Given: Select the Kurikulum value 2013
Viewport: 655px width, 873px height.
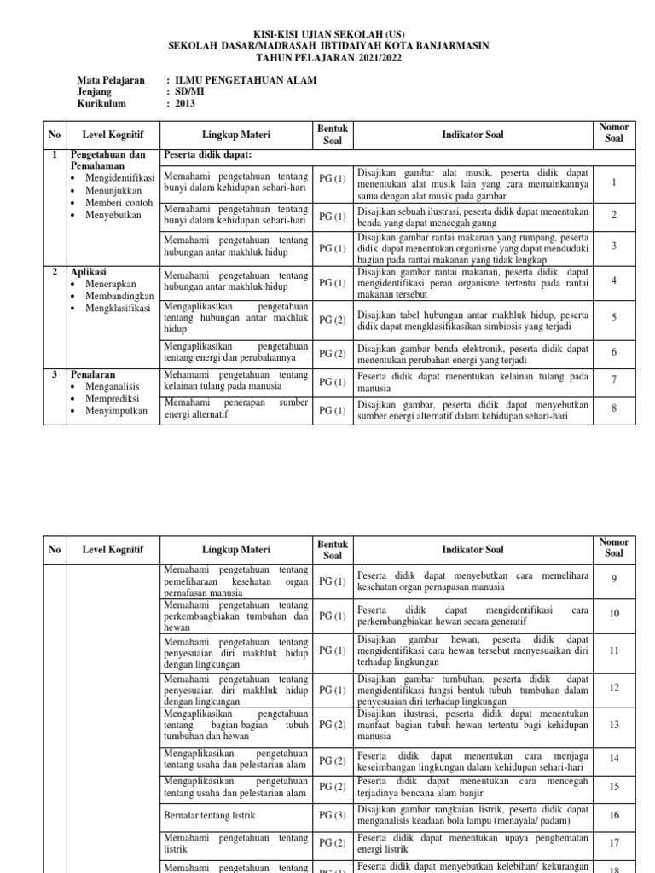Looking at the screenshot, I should (x=185, y=104).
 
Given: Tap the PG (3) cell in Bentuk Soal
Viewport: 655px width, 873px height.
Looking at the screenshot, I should (x=332, y=815).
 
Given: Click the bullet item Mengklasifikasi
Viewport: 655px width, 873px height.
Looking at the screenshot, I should (x=117, y=308).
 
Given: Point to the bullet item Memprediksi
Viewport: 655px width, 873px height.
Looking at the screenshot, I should (x=114, y=398).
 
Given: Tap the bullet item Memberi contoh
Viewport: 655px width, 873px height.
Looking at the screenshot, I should (x=119, y=203).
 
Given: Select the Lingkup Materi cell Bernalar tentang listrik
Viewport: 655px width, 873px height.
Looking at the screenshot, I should (x=209, y=815).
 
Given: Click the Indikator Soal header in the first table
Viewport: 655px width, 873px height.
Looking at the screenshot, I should (x=472, y=134).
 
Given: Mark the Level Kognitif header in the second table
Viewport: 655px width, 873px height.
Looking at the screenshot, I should (x=113, y=549).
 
